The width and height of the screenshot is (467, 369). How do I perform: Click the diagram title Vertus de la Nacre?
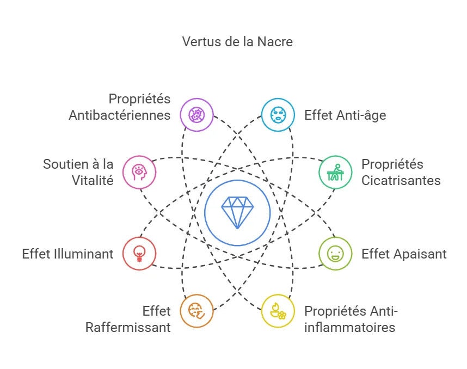pos(237,41)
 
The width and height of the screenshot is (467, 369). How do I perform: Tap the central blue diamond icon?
pos(237,212)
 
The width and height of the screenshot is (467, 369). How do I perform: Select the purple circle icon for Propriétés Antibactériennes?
pos(196,115)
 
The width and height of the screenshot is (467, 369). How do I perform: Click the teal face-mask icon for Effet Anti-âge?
pos(278,115)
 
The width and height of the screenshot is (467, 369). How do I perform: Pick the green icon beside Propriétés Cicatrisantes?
pos(335,173)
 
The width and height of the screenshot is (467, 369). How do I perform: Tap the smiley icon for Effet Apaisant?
pos(335,254)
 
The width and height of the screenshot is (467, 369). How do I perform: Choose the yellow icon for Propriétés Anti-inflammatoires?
pos(278,311)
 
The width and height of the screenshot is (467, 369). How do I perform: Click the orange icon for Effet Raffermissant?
pos(196,311)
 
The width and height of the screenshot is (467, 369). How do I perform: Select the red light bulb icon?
pos(139,254)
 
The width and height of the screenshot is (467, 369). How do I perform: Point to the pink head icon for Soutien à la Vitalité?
pos(139,173)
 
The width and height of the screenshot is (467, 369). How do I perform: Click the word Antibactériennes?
pos(119,115)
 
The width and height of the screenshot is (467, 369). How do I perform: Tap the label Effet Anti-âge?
pos(345,115)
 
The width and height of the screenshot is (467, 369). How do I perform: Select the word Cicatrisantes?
pos(401,180)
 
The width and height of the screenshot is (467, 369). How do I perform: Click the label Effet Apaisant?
pos(404,254)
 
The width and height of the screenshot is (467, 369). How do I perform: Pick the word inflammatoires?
pos(349,327)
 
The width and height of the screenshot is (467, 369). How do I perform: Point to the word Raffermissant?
pos(128,327)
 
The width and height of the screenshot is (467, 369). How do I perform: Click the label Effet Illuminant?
pos(68,254)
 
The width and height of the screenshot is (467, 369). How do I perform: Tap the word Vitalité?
pos(93,180)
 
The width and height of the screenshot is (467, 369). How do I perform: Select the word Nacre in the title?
pos(276,41)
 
